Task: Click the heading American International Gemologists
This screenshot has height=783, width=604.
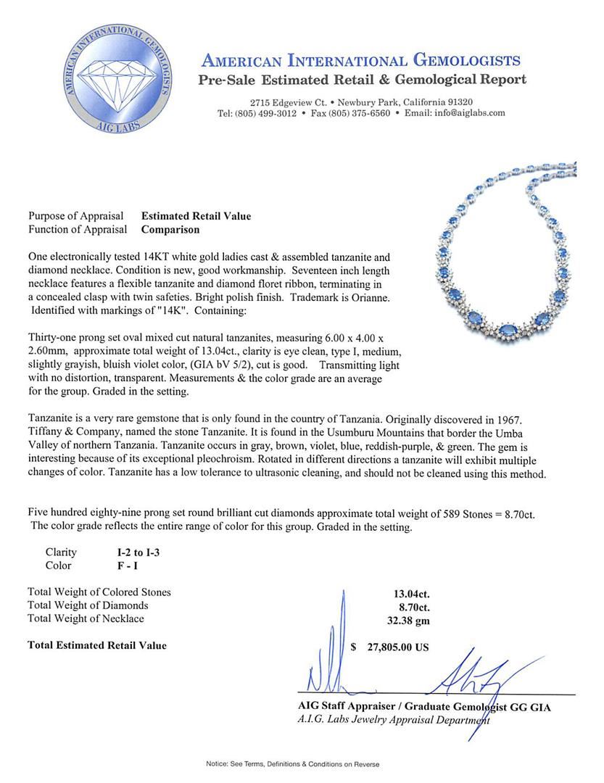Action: [x=360, y=60]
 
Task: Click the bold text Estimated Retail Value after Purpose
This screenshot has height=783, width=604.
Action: [x=196, y=216]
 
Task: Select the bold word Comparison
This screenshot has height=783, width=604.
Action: [x=170, y=230]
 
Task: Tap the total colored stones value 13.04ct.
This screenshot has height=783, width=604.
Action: [x=415, y=592]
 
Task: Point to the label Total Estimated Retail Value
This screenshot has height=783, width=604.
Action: [x=96, y=645]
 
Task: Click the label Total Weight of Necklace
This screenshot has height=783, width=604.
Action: [x=86, y=618]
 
